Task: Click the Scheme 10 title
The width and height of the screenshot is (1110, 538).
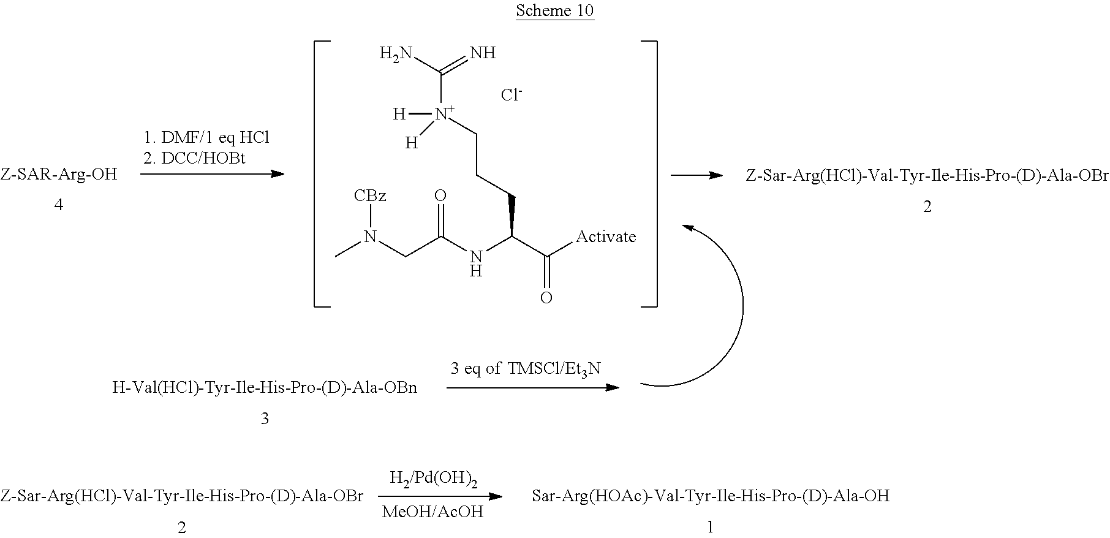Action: click(x=554, y=10)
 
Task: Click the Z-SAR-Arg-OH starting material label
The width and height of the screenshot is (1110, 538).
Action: click(x=59, y=174)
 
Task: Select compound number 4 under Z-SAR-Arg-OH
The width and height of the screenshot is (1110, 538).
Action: click(x=59, y=205)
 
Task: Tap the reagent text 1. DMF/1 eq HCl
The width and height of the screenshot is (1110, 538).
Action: click(x=206, y=138)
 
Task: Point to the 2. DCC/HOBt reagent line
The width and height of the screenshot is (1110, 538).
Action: click(x=194, y=158)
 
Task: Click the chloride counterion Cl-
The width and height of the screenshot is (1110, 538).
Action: click(x=512, y=95)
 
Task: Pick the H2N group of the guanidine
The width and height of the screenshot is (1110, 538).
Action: click(x=395, y=54)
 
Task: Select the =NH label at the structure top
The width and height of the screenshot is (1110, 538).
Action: click(x=483, y=53)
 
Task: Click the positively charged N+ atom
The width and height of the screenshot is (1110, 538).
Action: click(x=442, y=113)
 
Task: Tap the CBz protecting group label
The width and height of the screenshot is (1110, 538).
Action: click(x=369, y=195)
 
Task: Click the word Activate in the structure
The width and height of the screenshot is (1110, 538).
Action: click(x=606, y=237)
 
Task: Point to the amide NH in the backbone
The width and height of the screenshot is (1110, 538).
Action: click(x=476, y=262)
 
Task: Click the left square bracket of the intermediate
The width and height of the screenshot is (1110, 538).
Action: click(x=322, y=173)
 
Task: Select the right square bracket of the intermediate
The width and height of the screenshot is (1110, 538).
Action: click(x=649, y=173)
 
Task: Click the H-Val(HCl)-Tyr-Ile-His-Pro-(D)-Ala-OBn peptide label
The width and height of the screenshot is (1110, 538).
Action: click(x=265, y=387)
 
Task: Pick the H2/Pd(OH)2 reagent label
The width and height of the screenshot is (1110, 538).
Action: click(x=434, y=478)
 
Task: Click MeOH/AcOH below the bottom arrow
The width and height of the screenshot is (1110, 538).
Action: click(x=432, y=511)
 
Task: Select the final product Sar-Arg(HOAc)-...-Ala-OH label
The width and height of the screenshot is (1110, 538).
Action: click(x=711, y=495)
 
